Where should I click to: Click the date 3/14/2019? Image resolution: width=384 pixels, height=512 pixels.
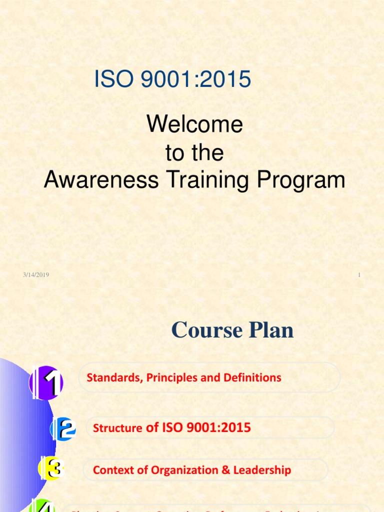36,275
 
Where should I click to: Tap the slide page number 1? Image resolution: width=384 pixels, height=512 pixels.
359,275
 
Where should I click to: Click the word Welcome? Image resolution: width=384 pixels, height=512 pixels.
194,124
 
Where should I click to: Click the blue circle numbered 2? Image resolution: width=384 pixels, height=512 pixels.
64,428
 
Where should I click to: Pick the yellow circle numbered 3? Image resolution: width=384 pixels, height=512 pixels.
51,469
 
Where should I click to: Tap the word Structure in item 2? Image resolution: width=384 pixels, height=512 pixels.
117,428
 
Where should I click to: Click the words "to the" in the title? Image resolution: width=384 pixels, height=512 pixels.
194,153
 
